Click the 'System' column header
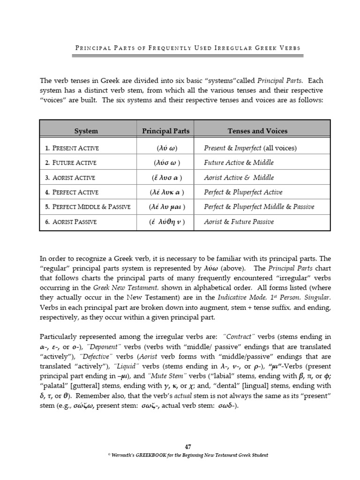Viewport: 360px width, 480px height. coord(86,131)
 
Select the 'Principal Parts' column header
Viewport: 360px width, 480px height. coord(165,131)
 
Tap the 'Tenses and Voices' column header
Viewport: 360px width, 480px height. coord(257,131)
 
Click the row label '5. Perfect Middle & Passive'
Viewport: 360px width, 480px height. coord(88,207)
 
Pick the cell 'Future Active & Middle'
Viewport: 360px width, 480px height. coord(239,163)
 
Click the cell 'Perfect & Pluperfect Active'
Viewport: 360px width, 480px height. coord(243,192)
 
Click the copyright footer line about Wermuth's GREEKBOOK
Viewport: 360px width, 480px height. coord(180,455)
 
